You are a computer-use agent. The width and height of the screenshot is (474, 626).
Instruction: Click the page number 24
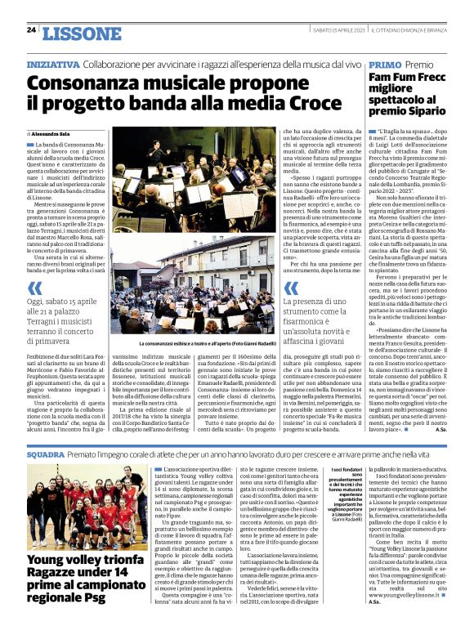click(31, 30)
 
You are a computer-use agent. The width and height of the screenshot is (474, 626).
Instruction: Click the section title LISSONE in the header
click(78, 33)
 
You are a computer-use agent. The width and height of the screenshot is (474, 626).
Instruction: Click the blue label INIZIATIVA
click(53, 64)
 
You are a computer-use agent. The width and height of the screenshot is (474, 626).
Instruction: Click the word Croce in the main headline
click(292, 104)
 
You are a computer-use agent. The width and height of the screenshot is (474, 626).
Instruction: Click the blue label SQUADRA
click(45, 452)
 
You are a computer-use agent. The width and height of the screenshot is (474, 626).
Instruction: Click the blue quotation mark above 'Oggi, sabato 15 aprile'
click(34, 288)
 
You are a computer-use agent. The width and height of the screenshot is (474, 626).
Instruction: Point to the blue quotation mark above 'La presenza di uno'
click(290, 288)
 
